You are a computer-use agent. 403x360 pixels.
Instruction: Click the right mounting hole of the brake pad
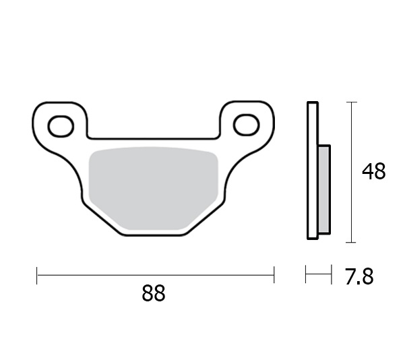click(x=247, y=125)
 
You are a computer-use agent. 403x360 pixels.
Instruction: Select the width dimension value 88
click(x=154, y=295)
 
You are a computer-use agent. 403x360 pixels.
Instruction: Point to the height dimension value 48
click(x=373, y=172)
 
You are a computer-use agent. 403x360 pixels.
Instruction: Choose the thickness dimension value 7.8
click(x=359, y=277)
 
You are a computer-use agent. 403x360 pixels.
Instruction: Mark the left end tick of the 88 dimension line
click(x=37, y=274)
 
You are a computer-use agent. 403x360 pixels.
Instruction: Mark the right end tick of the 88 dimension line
click(x=274, y=274)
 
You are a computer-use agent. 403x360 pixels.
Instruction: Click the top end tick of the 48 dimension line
click(x=350, y=102)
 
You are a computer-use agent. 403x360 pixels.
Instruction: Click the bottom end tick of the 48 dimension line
click(x=350, y=242)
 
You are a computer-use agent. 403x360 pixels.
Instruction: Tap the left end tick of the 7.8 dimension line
click(x=306, y=274)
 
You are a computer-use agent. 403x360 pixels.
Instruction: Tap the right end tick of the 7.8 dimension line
click(x=332, y=274)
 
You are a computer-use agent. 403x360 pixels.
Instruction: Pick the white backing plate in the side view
click(x=311, y=172)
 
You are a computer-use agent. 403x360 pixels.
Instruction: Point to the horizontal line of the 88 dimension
click(x=155, y=274)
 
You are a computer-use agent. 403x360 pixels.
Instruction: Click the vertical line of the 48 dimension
click(x=350, y=202)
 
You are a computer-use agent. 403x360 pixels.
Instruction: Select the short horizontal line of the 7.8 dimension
click(x=319, y=274)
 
